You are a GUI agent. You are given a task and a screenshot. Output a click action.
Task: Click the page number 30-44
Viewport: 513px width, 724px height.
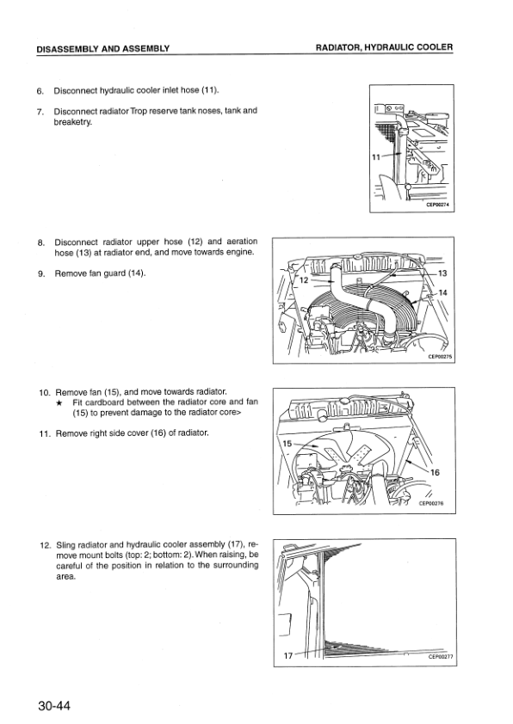pos(54,706)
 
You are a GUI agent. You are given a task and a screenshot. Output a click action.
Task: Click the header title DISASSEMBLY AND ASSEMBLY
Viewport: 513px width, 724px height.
pos(103,48)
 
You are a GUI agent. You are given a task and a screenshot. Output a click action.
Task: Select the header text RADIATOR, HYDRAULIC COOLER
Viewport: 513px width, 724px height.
pos(384,47)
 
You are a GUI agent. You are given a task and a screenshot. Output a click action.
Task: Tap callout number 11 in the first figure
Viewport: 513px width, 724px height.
pos(376,157)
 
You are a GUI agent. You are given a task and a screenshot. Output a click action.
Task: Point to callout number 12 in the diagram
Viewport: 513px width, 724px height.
pos(304,279)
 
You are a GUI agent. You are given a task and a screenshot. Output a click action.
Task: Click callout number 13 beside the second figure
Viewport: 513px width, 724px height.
pos(442,273)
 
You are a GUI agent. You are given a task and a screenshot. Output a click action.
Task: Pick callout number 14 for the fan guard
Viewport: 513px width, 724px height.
pos(442,292)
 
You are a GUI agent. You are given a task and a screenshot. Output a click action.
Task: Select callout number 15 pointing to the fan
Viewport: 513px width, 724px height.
pos(287,444)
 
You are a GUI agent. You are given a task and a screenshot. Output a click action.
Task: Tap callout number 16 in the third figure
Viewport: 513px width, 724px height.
pos(435,472)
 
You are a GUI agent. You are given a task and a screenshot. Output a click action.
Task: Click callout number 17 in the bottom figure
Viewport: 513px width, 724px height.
pos(288,655)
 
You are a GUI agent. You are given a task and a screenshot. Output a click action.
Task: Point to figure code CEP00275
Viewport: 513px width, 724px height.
pos(440,357)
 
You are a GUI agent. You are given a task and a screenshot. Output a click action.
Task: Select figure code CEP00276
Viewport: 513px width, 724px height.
pos(431,504)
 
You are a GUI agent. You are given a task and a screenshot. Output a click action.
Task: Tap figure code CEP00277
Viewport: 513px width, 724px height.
pos(441,657)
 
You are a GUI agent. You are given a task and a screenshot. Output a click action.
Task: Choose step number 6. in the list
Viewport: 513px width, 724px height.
pos(40,91)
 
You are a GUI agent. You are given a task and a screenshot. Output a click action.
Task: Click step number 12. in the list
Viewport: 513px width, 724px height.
pos(46,545)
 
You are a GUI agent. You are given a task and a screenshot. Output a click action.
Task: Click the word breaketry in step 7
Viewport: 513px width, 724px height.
pos(73,122)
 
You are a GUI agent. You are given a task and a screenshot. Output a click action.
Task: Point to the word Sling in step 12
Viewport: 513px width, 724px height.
pos(65,545)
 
